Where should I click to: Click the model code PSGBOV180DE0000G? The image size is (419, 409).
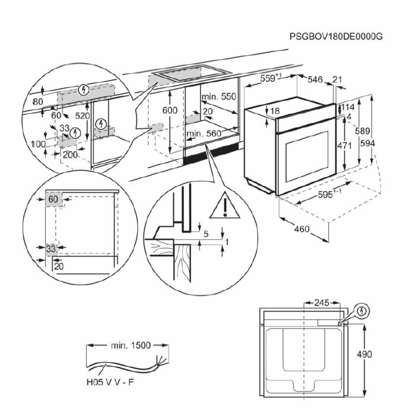(336, 36)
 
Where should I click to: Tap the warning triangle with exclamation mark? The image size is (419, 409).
(225, 205)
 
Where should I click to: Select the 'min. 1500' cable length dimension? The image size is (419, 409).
(131, 345)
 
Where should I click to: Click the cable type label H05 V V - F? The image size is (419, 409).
(110, 382)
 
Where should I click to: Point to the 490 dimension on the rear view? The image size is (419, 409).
(364, 354)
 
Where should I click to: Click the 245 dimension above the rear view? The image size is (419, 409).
(322, 303)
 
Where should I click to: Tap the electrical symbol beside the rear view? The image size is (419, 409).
(361, 312)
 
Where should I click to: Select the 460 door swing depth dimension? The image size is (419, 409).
(302, 229)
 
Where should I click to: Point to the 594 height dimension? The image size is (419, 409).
(367, 144)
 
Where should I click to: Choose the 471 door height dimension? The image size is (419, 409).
(344, 145)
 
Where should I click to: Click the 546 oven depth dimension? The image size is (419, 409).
(315, 80)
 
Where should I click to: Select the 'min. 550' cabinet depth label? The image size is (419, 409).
(219, 97)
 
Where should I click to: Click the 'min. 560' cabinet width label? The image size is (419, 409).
(204, 134)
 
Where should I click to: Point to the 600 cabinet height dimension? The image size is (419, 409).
(170, 110)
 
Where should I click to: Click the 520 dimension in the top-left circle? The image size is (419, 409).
(82, 116)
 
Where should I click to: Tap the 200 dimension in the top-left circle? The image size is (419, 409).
(70, 154)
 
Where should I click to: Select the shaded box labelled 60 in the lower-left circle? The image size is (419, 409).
(54, 199)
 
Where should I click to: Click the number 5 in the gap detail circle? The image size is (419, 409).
(206, 234)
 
